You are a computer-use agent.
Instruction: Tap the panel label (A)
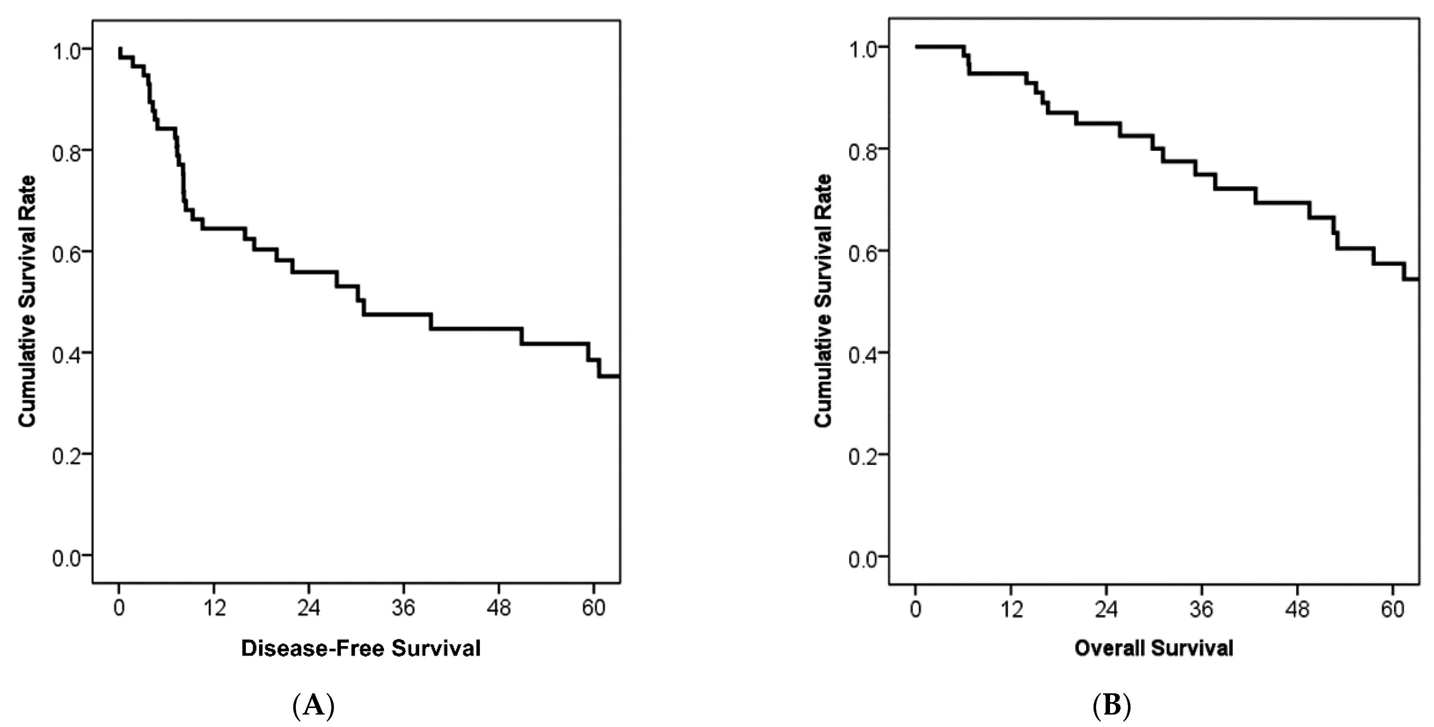click(313, 706)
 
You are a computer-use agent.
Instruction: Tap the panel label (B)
click(1112, 706)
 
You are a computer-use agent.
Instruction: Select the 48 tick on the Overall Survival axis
click(1297, 609)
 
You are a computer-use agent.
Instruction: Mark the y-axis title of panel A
click(27, 302)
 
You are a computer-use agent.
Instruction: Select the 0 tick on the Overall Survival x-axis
click(916, 609)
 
